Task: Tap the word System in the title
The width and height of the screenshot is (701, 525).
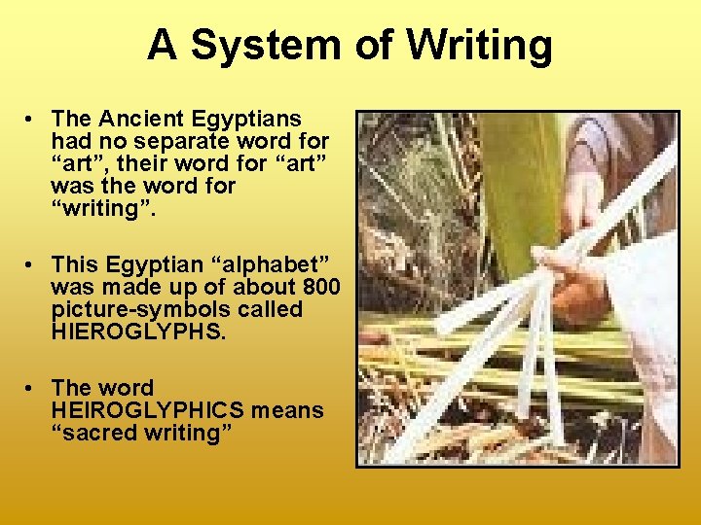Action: (269, 46)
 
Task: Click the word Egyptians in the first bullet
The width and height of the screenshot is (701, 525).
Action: (250, 119)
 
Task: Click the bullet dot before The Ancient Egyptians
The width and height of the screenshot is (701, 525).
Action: (32, 120)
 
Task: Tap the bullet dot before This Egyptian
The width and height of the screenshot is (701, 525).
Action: (32, 264)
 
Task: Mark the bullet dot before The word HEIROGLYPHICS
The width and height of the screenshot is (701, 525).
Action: (32, 388)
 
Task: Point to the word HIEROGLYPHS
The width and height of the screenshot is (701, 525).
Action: (138, 331)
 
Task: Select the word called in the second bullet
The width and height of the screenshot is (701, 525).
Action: (277, 309)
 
